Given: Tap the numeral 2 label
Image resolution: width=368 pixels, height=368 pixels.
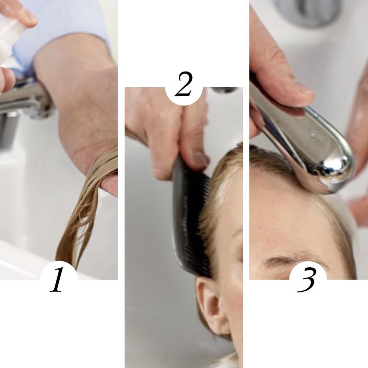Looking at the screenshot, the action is (184, 84).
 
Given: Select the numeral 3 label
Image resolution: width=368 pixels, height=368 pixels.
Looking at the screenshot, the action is (306, 280).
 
